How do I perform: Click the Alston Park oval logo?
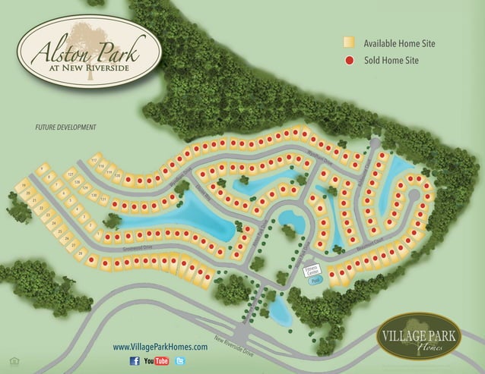coord(80,47)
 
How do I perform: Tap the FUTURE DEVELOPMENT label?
coord(66,127)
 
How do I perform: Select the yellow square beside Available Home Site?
coord(348,43)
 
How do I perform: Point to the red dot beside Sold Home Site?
coord(348,60)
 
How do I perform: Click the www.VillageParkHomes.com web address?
coord(160,346)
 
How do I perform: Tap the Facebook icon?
coord(135,360)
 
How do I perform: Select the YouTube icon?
coord(157,360)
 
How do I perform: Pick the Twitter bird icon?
coord(180,360)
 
